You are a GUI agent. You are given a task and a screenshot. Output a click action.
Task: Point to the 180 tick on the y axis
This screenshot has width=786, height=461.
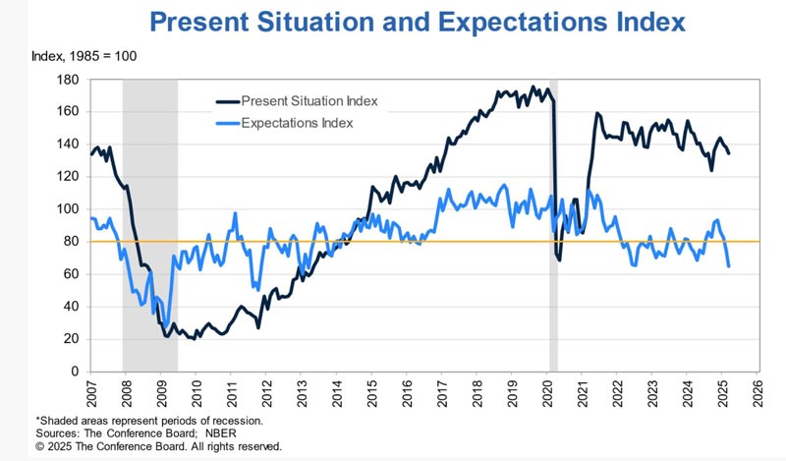pyautogui.click(x=69, y=79)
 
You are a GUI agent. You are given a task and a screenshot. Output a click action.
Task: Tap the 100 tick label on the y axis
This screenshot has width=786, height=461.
pyautogui.click(x=69, y=209)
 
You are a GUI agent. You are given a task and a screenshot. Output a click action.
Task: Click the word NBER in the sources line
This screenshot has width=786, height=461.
pyautogui.click(x=202, y=433)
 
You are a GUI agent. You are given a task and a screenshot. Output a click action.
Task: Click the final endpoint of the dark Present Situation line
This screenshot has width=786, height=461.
pyautogui.click(x=729, y=152)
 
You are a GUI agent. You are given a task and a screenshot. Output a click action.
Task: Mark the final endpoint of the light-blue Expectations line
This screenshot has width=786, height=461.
pyautogui.click(x=729, y=266)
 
